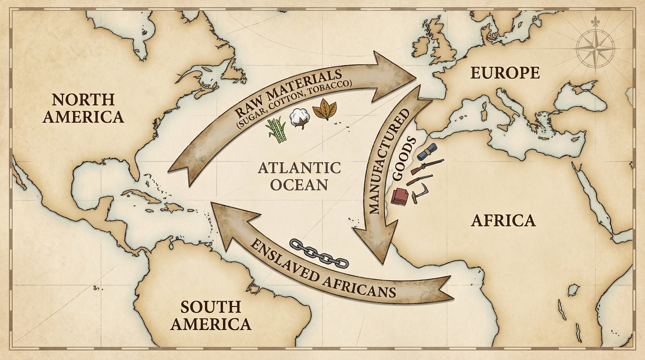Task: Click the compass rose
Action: coord(595,46)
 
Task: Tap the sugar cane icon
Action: coord(277,129)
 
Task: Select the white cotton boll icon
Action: coord(299,118)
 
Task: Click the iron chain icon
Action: coord(319,253)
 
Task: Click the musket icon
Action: coord(427,166)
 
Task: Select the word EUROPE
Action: coord(505,73)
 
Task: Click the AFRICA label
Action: coord(503,220)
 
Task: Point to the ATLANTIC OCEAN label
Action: coord(299,175)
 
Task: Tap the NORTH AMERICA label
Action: coord(83,107)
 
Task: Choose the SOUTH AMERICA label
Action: coord(210,315)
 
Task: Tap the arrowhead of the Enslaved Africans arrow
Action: coord(230,220)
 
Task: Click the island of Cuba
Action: coord(141,197)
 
